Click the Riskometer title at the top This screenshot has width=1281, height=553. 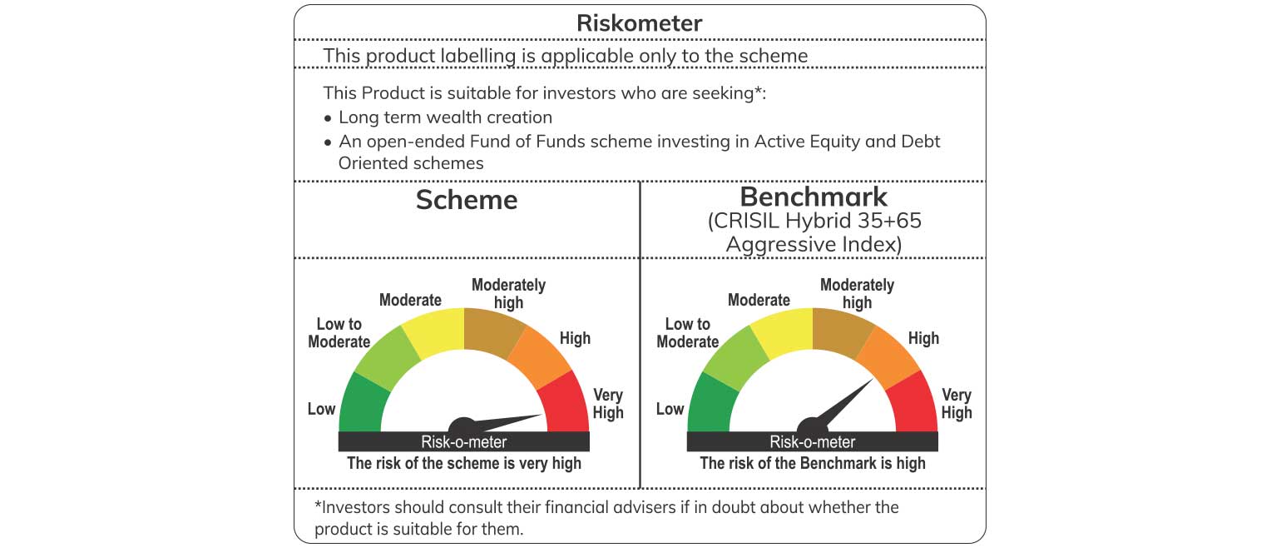639,23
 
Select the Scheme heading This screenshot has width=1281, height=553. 467,200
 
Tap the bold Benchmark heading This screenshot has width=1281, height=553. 814,197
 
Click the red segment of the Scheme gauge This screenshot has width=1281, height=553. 565,404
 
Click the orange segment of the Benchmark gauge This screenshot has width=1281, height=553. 888,356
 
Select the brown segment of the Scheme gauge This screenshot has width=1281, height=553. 493,332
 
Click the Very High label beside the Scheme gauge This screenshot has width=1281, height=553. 608,404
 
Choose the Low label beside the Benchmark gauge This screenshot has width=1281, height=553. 670,409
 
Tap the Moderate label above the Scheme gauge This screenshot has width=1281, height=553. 410,300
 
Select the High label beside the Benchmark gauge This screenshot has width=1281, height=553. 923,338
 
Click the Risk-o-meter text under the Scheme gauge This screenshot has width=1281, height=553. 464,442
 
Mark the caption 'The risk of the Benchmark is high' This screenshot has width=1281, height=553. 813,463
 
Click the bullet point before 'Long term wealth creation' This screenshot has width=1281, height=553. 328,118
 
